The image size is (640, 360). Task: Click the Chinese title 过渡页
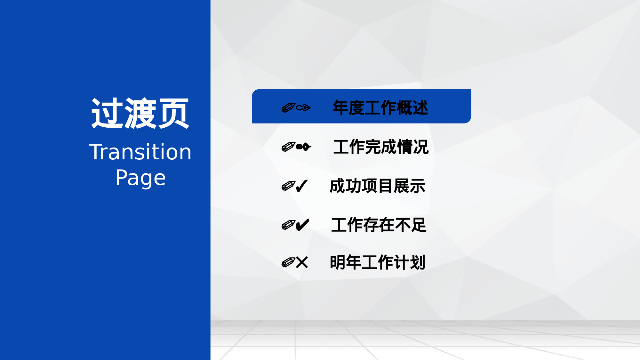pyautogui.click(x=140, y=114)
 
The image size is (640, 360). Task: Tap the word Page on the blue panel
pyautogui.click(x=140, y=178)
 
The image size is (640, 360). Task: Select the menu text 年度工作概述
pyautogui.click(x=380, y=108)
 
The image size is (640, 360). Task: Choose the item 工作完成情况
pyautogui.click(x=381, y=147)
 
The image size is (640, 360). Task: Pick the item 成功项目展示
pyautogui.click(x=377, y=186)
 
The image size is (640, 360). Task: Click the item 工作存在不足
pyautogui.click(x=379, y=225)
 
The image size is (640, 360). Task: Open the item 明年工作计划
pyautogui.click(x=377, y=262)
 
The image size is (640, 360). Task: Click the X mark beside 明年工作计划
pyautogui.click(x=302, y=262)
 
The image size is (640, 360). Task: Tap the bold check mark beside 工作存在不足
pyautogui.click(x=302, y=225)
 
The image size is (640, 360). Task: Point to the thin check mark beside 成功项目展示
pyautogui.click(x=301, y=186)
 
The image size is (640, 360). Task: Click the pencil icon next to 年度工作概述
pyautogui.click(x=288, y=108)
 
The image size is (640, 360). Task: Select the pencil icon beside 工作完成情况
pyautogui.click(x=288, y=147)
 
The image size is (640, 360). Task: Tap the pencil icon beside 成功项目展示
pyautogui.click(x=288, y=186)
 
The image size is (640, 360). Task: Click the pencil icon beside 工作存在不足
pyautogui.click(x=288, y=225)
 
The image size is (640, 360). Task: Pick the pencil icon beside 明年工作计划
pyautogui.click(x=288, y=262)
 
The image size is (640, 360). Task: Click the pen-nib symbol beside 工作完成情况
pyautogui.click(x=303, y=147)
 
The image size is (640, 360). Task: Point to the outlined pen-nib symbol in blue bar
pyautogui.click(x=303, y=108)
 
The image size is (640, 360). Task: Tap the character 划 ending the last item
pyautogui.click(x=418, y=262)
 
